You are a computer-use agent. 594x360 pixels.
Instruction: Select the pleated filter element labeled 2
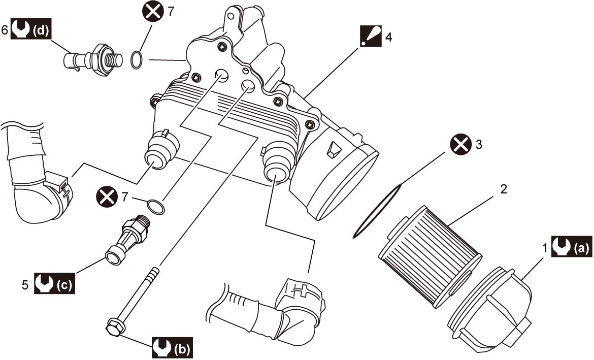(x=430, y=256)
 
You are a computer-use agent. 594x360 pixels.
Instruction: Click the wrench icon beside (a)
(x=561, y=247)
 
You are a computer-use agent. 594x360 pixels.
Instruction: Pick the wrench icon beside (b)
(x=162, y=347)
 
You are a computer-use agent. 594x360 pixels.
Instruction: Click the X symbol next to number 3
(x=460, y=145)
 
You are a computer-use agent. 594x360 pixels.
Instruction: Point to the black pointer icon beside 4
(x=371, y=37)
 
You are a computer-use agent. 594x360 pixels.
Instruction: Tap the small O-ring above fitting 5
(x=156, y=207)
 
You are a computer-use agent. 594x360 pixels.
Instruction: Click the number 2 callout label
(x=504, y=189)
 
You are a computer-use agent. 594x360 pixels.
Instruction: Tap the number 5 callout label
(x=25, y=284)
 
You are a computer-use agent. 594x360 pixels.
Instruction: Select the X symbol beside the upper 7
(x=153, y=11)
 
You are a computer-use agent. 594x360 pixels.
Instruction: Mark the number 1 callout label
(x=545, y=249)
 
